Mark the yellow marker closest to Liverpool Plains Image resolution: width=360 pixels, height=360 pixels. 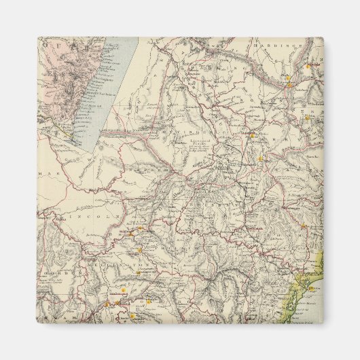253,135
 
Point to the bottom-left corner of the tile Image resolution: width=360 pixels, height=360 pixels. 37,322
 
